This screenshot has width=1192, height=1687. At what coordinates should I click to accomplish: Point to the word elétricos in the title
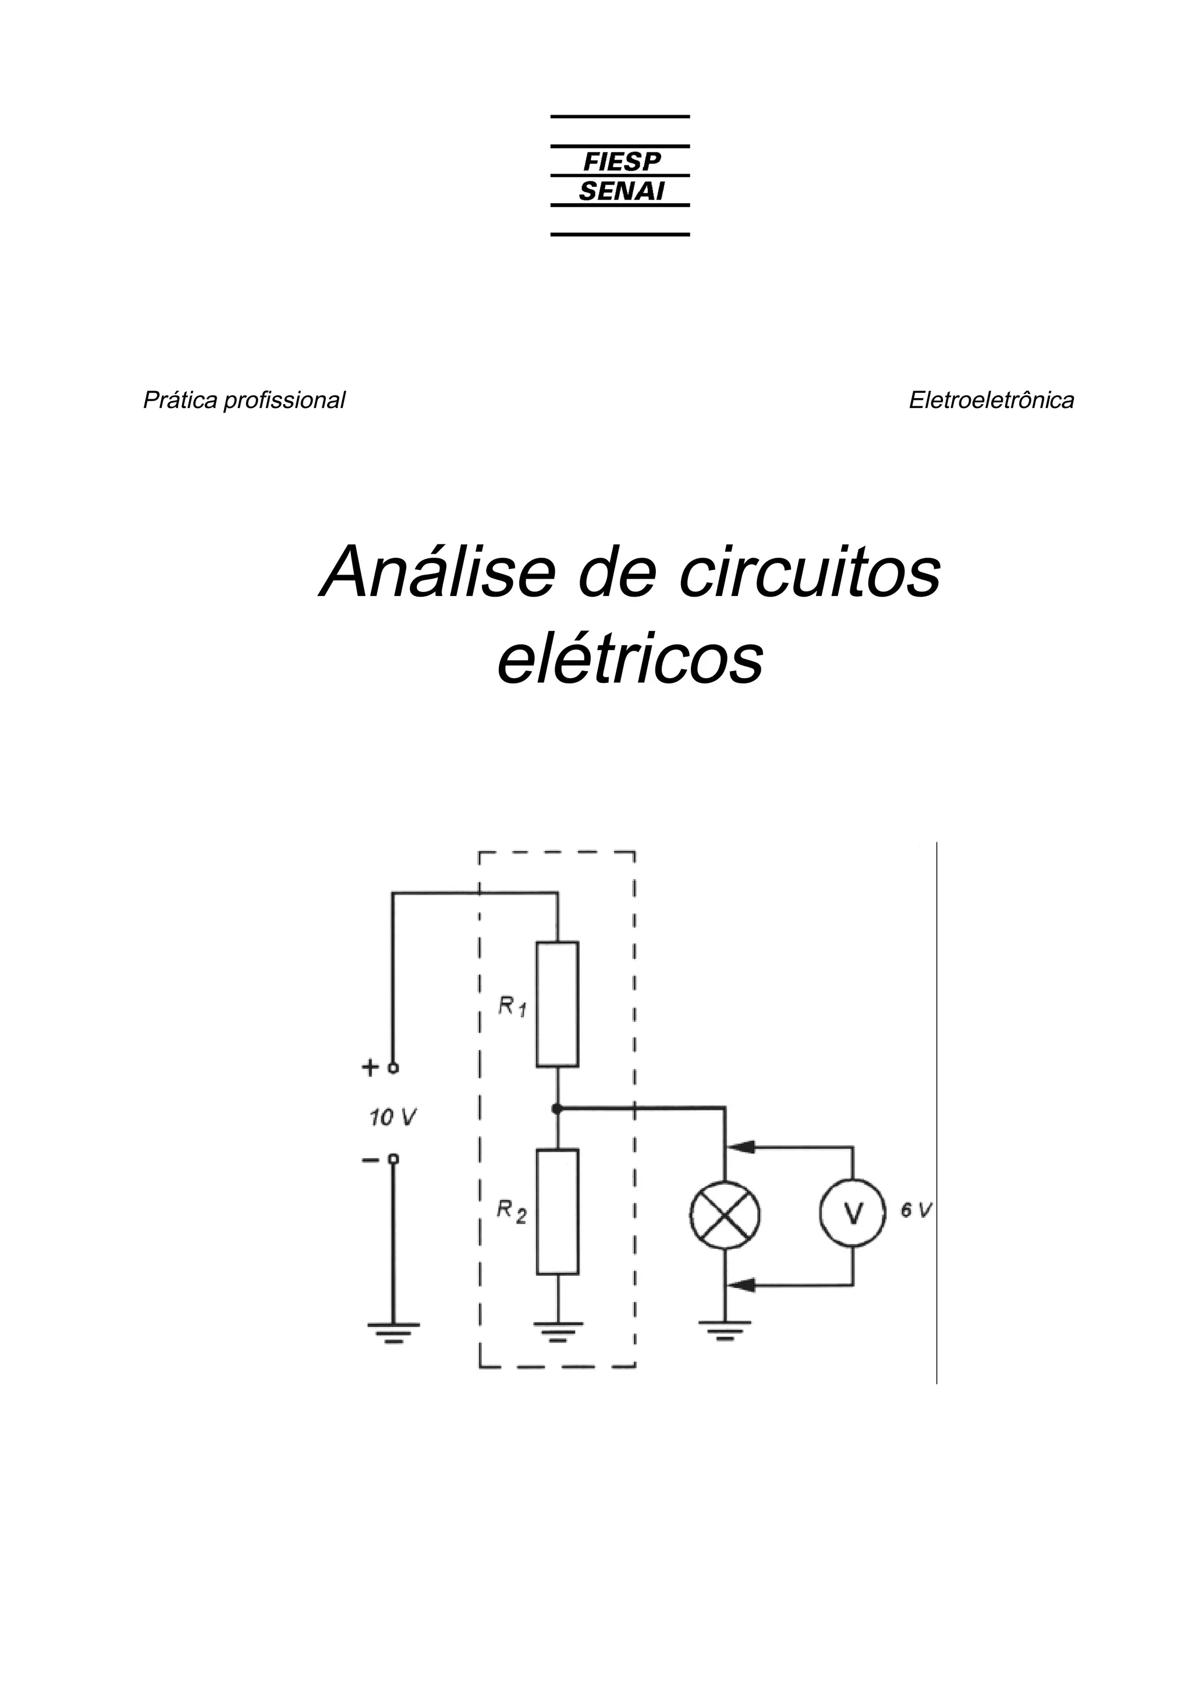click(x=630, y=658)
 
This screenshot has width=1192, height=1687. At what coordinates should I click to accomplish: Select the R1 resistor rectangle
click(x=558, y=1004)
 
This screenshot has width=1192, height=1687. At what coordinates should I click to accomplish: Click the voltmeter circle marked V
click(x=853, y=1213)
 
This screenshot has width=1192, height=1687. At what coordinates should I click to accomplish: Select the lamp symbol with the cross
click(x=725, y=1213)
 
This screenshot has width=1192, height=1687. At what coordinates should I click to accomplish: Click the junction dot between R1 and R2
click(x=558, y=1107)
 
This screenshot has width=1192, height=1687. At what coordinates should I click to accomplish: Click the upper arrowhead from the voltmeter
click(x=743, y=1146)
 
